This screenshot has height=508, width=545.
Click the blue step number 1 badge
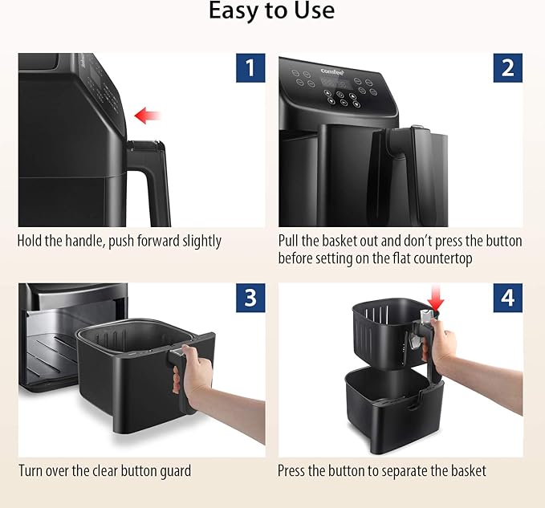point(250,67)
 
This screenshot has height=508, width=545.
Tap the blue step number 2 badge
point(508,67)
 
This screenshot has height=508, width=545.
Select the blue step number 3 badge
point(250,298)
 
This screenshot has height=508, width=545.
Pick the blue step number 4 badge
point(508,298)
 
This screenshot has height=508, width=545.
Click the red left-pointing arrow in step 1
point(148,116)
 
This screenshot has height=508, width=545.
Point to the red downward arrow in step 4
point(436,298)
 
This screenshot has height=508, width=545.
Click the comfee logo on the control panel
point(332,71)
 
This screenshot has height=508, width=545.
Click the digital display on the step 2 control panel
point(333,83)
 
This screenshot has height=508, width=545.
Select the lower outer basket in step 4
point(394,410)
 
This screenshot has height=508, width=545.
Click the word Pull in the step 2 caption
point(288,241)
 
